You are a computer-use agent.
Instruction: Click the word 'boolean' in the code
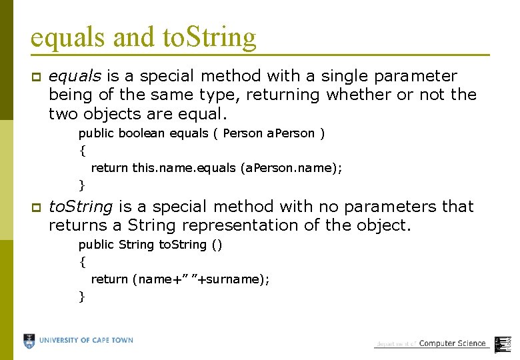click(x=142, y=133)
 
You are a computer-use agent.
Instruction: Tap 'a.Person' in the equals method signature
click(x=291, y=133)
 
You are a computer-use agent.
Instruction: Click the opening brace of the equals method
click(x=82, y=151)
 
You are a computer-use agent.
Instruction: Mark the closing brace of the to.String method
click(x=82, y=296)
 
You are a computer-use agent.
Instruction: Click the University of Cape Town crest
click(x=29, y=341)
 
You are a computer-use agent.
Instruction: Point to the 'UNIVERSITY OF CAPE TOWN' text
click(x=86, y=341)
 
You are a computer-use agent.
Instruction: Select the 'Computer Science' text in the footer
click(x=453, y=344)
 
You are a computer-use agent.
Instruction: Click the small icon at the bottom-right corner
click(x=503, y=341)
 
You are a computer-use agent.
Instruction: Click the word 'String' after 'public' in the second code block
click(x=136, y=245)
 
